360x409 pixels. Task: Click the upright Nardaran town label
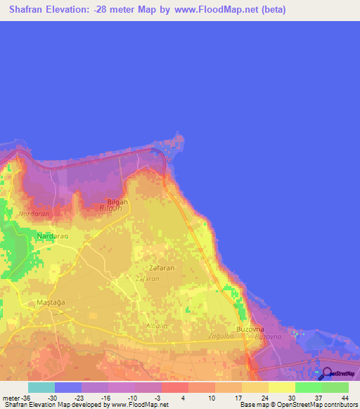tap(53, 236)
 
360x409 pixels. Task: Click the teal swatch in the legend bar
tap(41, 387)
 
